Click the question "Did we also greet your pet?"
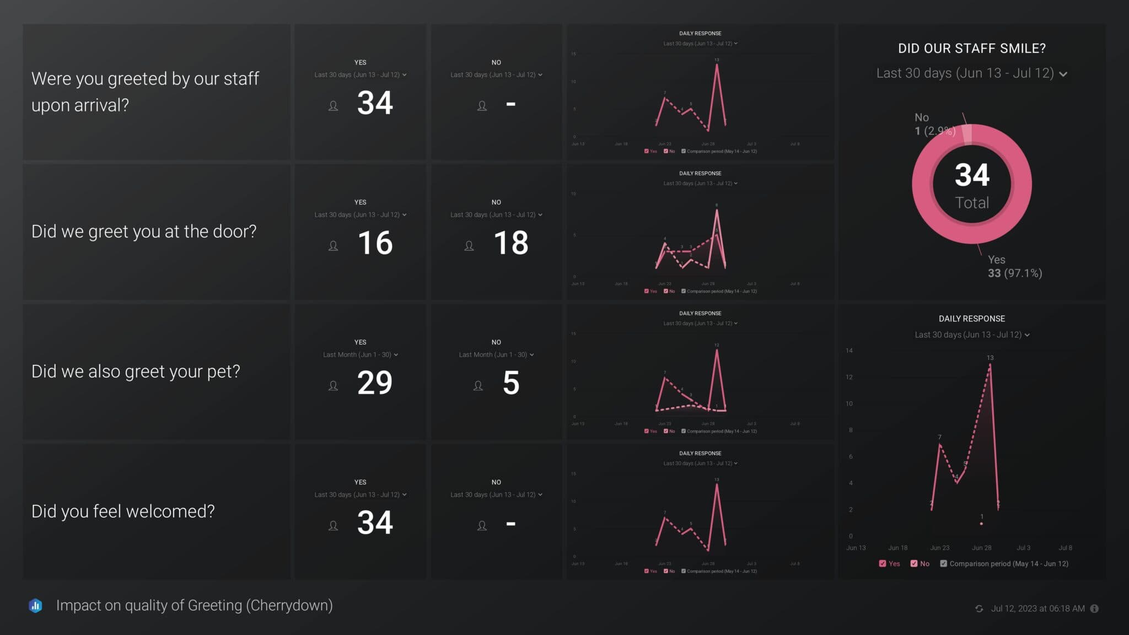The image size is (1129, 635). coord(136,372)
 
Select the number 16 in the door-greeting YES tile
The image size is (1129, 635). coord(375,243)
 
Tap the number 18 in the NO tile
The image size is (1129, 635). coord(511,243)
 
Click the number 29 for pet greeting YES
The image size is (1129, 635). coord(375,383)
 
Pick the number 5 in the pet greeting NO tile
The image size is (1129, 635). coord(511,383)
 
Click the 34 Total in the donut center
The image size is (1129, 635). coord(972,185)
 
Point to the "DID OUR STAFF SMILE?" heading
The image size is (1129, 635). coord(972,49)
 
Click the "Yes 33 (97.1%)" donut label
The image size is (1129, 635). coord(1014,267)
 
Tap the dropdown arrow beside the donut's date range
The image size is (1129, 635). coord(1063,74)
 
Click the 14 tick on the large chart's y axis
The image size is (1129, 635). coord(849,351)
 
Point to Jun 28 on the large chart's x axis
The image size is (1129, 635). coord(981,548)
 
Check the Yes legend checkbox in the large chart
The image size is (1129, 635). coord(883,563)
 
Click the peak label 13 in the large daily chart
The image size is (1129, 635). coord(990,358)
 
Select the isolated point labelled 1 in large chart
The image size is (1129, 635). coord(981,523)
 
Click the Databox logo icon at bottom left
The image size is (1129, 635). coord(35,606)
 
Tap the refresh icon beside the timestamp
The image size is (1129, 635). coord(979,609)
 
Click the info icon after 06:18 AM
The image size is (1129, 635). coord(1094,609)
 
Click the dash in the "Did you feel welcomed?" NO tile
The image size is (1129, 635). coord(511,524)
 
